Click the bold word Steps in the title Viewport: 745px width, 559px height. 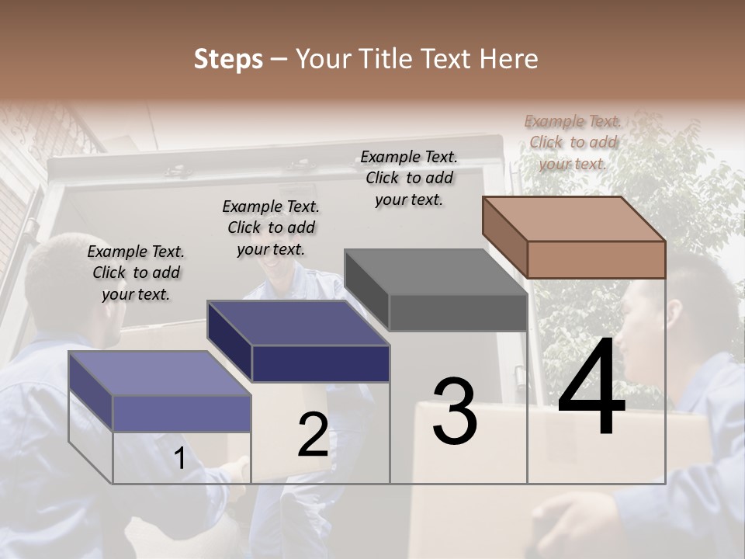[x=228, y=59]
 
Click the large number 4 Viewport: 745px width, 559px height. [x=591, y=388]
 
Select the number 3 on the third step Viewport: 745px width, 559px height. [x=455, y=411]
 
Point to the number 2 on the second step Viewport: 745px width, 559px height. [x=313, y=435]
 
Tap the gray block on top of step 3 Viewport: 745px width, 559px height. [x=436, y=290]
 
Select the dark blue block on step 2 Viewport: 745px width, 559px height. [x=299, y=342]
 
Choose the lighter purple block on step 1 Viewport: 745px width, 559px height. [x=161, y=391]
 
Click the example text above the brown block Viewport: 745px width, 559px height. [x=573, y=142]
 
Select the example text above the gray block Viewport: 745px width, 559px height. [x=409, y=178]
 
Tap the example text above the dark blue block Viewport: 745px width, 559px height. [x=271, y=227]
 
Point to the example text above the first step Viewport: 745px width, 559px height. [x=136, y=273]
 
